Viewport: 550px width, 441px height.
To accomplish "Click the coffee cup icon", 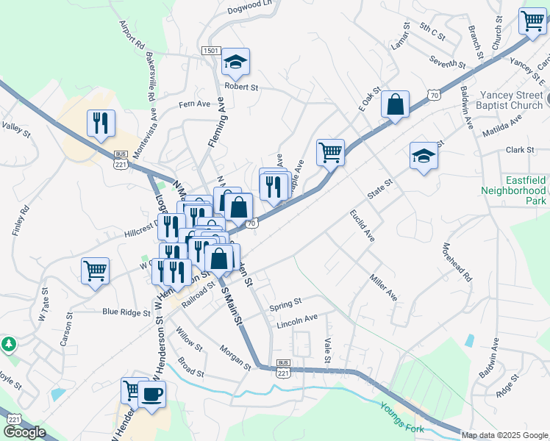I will pos(152,393).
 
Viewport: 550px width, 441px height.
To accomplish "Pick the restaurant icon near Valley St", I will pos(101,123).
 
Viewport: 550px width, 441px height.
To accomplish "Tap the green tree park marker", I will pos(8,344).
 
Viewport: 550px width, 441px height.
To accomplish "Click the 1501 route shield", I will pos(211,51).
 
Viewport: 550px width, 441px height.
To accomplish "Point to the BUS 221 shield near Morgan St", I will pos(283,369).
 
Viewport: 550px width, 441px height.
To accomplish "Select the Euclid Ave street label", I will pos(362,226).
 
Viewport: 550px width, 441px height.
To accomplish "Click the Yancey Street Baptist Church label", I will pos(511,100).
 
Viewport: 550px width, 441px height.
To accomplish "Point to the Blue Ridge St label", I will pos(126,312).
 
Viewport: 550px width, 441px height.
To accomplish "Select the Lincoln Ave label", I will pos(297,319).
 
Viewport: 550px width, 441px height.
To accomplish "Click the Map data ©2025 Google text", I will pos(504,435).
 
